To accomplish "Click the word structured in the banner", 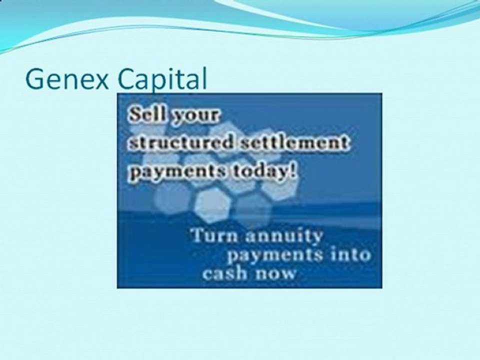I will click(181, 143).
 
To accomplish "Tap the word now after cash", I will click(274, 273).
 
